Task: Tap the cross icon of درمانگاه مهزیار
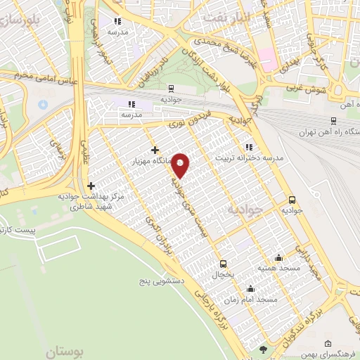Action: (x=155, y=149)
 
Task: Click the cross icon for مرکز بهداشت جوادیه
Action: (x=91, y=186)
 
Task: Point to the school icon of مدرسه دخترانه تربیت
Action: (x=247, y=147)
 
